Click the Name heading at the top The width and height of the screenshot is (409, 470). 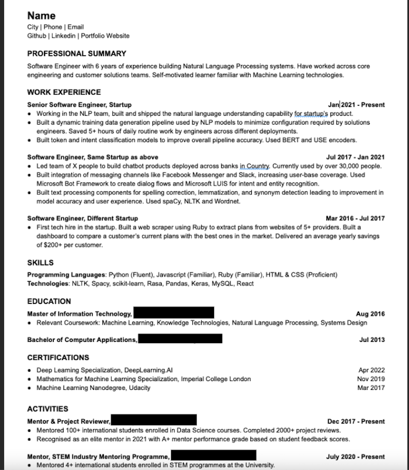41,16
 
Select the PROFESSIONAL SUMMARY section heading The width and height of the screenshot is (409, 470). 77,53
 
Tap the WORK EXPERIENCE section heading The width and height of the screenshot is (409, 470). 64,92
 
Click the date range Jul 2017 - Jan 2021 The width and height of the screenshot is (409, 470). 355,157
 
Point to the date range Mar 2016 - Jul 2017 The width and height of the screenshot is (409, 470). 355,218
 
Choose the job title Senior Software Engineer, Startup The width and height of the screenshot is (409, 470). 79,104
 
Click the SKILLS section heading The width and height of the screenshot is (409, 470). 40,263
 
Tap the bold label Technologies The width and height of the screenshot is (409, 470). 48,283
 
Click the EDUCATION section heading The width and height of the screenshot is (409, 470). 49,301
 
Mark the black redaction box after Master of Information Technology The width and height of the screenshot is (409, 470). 174,313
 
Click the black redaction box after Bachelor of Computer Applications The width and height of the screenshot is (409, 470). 180,339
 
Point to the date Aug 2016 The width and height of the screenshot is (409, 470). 370,314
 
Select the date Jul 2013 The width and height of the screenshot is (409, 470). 372,340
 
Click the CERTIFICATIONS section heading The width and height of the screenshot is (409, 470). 58,357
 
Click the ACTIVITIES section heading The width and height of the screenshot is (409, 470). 48,408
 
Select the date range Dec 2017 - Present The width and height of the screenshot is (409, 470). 356,421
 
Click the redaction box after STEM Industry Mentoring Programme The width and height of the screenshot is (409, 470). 214,456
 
